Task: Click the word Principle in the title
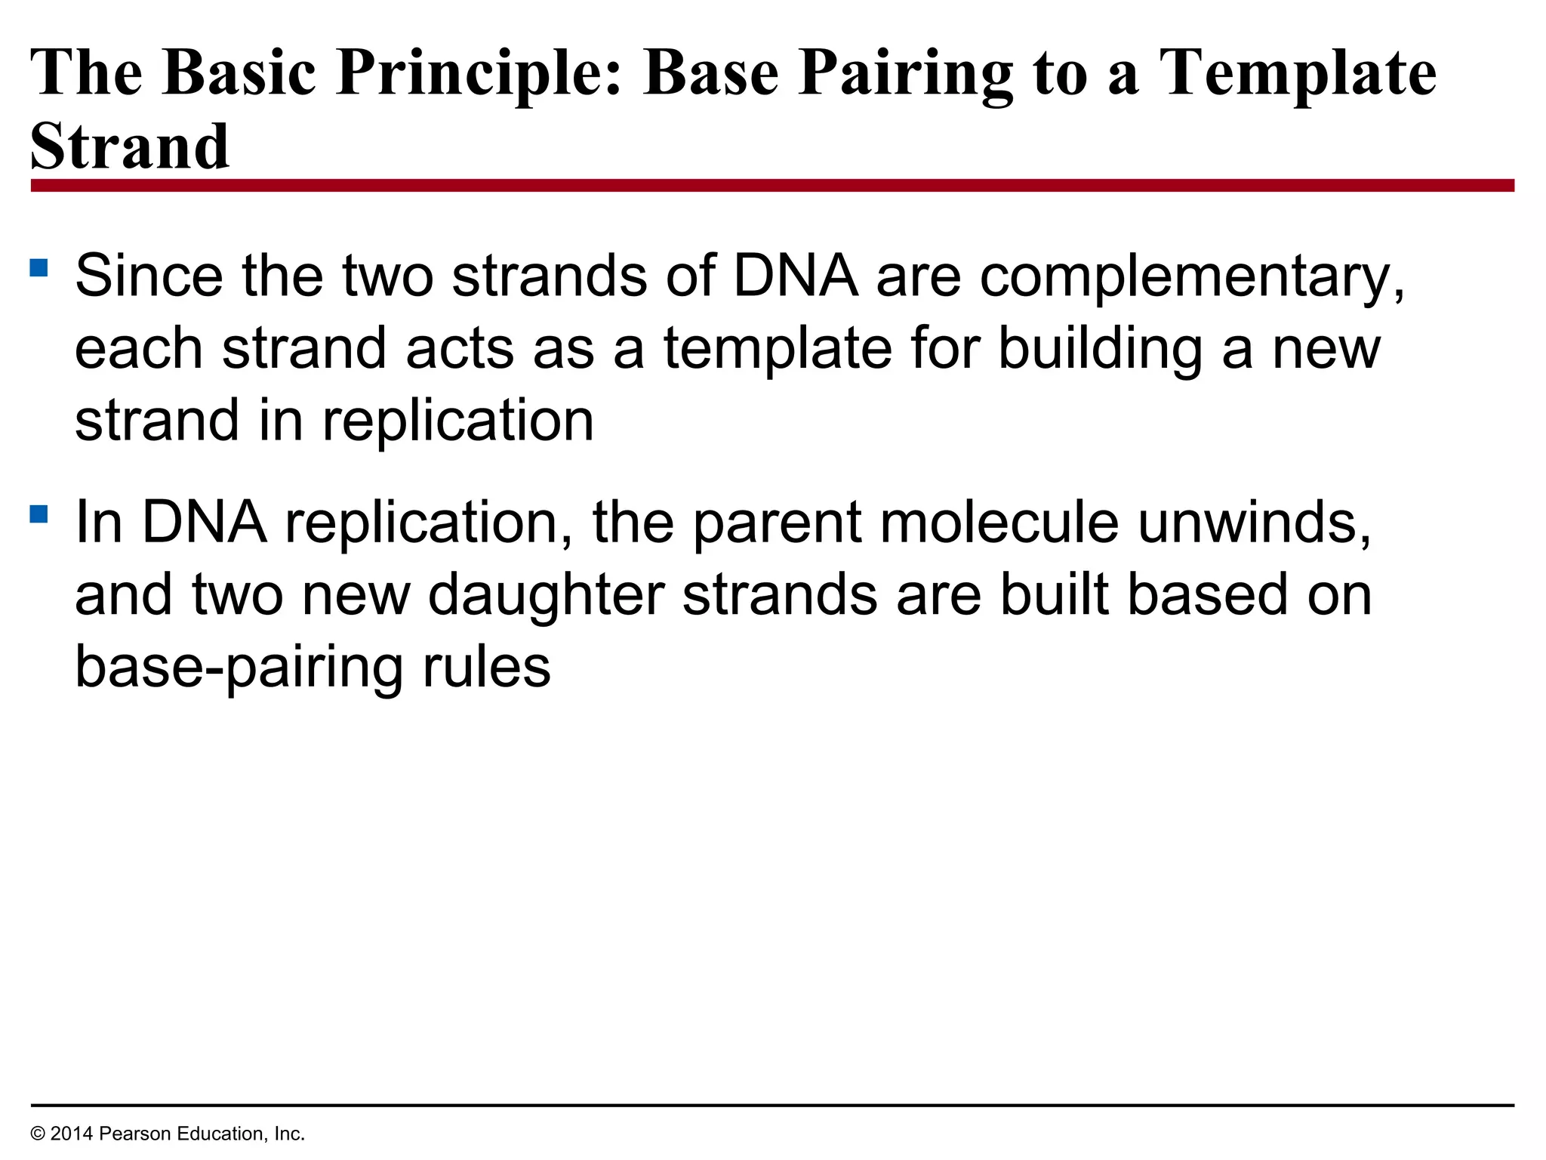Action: tap(479, 73)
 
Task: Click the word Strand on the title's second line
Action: tap(129, 147)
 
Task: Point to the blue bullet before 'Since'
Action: tap(39, 268)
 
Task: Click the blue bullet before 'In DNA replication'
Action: tap(39, 514)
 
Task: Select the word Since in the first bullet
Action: tap(149, 276)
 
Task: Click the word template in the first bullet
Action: tap(778, 350)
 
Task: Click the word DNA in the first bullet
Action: tap(796, 276)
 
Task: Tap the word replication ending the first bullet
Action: tap(458, 421)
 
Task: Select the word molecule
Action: tap(999, 523)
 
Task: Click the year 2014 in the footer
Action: tap(72, 1134)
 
